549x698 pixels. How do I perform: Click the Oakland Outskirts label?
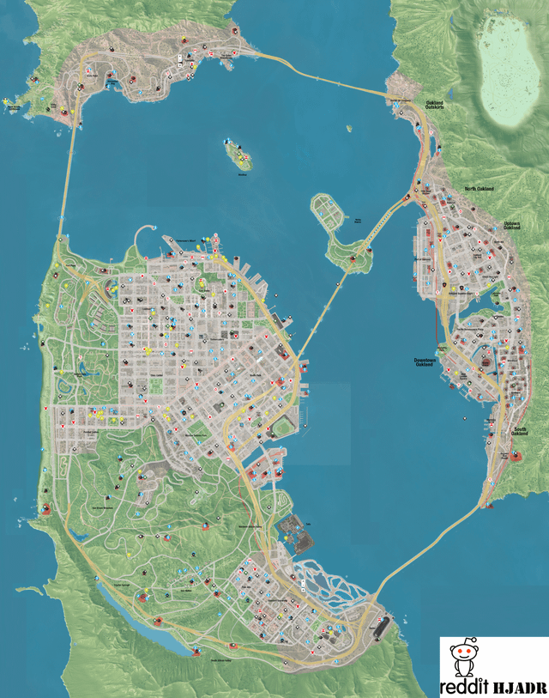(435, 106)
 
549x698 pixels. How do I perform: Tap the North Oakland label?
(481, 189)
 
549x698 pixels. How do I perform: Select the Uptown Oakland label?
(511, 228)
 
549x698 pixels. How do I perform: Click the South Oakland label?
(520, 432)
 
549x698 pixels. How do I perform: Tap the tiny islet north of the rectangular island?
(350, 130)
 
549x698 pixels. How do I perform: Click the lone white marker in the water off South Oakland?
(465, 420)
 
